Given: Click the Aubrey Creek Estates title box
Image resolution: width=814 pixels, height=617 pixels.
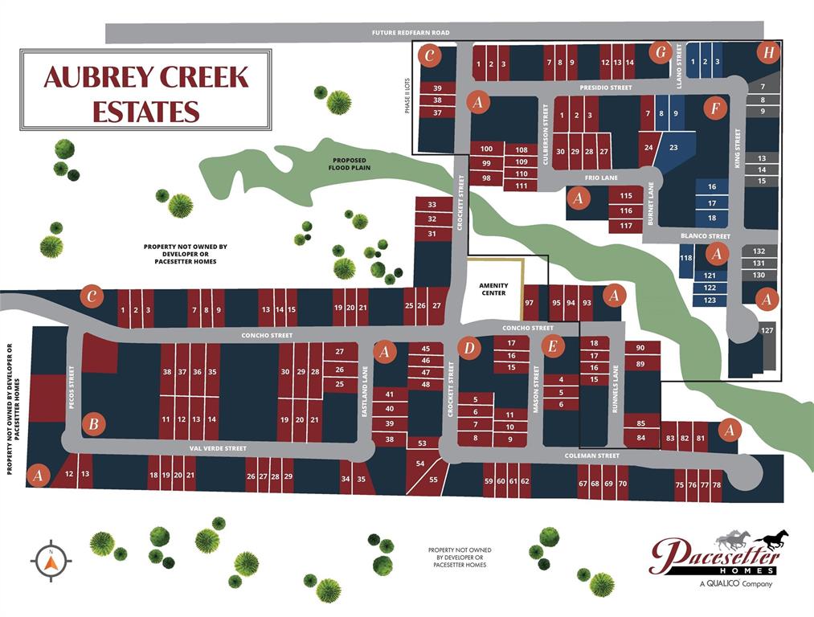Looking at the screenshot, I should [x=145, y=89].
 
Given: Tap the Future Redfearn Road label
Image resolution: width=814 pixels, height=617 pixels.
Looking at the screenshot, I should [x=410, y=33].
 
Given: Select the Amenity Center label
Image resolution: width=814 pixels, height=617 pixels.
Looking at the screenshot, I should [x=493, y=289].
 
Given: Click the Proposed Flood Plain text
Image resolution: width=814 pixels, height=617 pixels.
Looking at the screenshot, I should [x=348, y=165].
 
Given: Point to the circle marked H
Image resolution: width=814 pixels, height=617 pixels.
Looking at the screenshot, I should [x=769, y=53].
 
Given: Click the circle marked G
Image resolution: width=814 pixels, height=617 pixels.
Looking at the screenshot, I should [x=661, y=53].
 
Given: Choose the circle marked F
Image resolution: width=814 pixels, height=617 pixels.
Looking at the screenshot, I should [x=712, y=108].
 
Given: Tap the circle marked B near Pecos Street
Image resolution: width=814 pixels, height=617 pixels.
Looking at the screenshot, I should [x=94, y=423].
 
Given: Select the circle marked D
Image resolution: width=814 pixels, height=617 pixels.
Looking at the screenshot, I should [x=468, y=347].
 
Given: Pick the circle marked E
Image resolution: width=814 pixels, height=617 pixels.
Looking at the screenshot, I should [x=551, y=346].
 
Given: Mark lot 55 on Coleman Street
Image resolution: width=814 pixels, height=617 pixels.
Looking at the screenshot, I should [x=433, y=480].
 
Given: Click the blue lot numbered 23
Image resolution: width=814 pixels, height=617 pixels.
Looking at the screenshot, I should [x=673, y=148].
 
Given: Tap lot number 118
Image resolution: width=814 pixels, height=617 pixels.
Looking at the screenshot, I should [x=685, y=258].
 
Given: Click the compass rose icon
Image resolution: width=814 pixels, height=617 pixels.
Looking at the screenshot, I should [x=51, y=560].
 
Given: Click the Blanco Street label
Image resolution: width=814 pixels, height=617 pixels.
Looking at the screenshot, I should [x=705, y=236].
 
